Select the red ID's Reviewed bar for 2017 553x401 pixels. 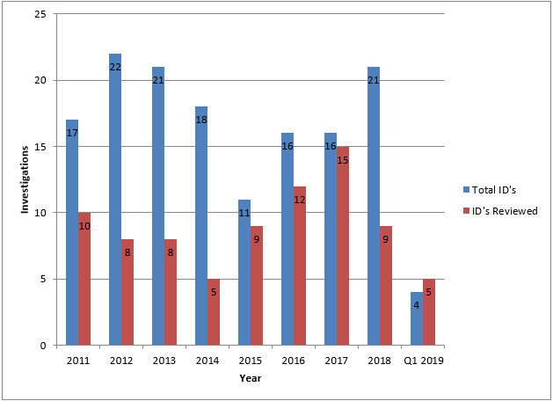pyautogui.click(x=343, y=245)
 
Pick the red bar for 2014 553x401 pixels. pyautogui.click(x=214, y=311)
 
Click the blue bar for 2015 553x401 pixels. pyautogui.click(x=244, y=272)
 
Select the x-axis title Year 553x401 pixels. pyautogui.click(x=250, y=379)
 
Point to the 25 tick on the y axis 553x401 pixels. pyautogui.click(x=40, y=15)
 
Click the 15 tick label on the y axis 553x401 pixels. pyautogui.click(x=40, y=147)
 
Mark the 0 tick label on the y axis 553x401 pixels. pyautogui.click(x=43, y=346)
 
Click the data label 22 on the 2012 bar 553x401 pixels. pyautogui.click(x=115, y=67)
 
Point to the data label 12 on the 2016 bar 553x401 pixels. pyautogui.click(x=300, y=200)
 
